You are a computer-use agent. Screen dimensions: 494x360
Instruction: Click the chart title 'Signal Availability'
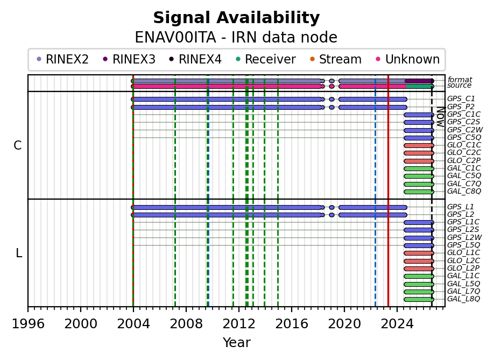pos(236,18)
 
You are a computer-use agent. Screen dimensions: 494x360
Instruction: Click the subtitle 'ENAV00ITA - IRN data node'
pos(236,38)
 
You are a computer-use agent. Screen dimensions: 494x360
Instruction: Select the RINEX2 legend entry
pos(62,59)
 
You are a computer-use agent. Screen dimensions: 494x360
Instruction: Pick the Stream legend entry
pos(336,59)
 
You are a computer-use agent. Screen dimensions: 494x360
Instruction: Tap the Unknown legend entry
pos(408,59)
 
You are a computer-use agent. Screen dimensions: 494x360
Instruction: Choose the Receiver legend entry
pos(266,59)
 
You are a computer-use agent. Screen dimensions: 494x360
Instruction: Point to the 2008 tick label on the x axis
pos(186,324)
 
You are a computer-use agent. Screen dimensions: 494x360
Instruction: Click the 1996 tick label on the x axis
pos(28,324)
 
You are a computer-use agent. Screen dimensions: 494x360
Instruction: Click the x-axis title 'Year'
pos(236,343)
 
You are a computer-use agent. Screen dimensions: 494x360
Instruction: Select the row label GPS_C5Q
pos(464,137)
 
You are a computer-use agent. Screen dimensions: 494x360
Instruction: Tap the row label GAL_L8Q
pos(463,299)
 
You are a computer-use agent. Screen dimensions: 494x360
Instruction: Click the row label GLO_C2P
pos(464,161)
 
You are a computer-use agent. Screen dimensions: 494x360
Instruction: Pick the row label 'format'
pos(460,80)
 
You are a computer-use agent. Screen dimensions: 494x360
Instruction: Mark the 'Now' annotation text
pos(441,117)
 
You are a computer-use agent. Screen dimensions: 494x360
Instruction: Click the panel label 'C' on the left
pos(18,145)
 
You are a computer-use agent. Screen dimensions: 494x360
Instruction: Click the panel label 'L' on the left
pos(19,253)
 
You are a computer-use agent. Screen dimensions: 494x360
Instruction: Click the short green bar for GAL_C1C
pos(419,168)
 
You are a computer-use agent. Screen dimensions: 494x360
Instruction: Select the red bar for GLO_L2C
pos(419,261)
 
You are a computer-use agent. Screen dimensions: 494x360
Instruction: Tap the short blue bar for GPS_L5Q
pos(419,245)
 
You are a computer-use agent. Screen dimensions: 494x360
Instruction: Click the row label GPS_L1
pos(461,207)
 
